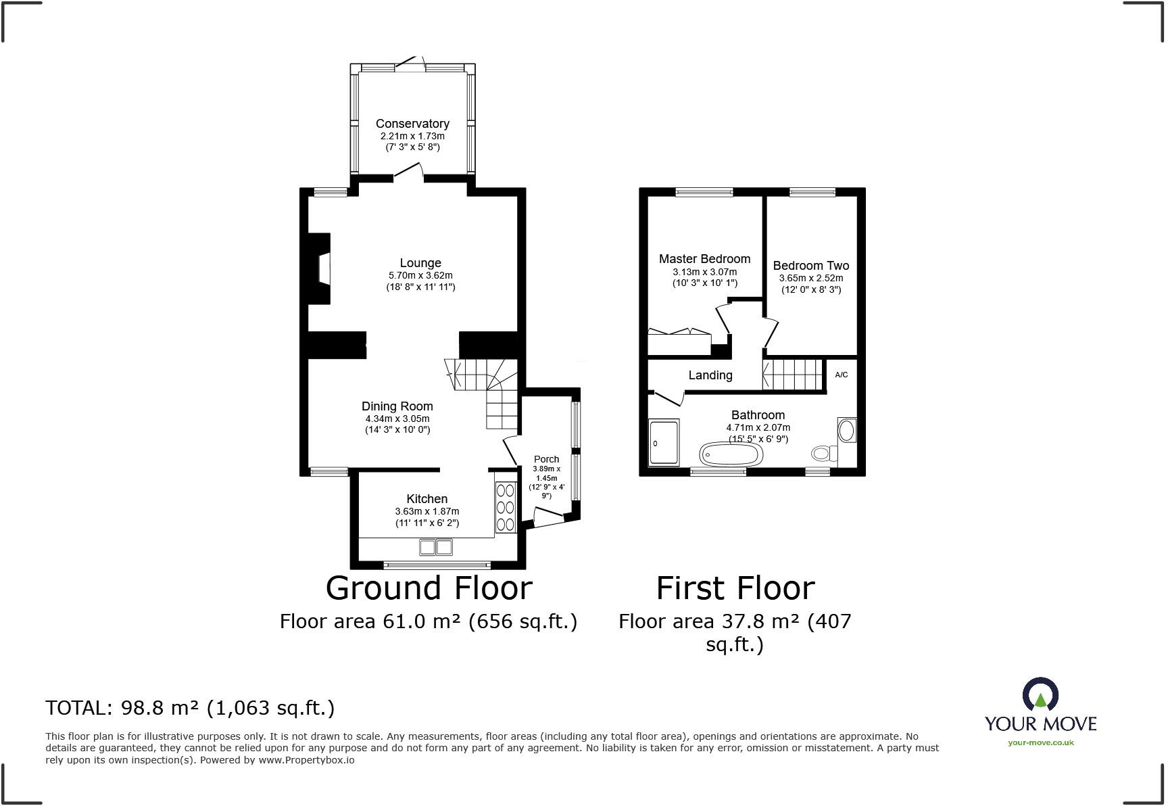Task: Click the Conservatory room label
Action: tap(412, 124)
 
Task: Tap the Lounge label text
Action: tap(420, 263)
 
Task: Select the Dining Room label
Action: tap(397, 406)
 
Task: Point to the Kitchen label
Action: tap(427, 499)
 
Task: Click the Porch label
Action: tap(546, 459)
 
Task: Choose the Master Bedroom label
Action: tap(704, 259)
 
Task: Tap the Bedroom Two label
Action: tap(811, 266)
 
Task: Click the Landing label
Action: tap(710, 375)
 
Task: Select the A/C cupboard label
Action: tap(842, 375)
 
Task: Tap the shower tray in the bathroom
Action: tap(664, 443)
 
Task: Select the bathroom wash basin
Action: tap(846, 430)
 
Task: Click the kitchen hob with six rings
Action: tap(504, 507)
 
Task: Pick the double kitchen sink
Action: tap(436, 546)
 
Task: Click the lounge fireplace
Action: tap(320, 268)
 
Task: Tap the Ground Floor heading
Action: tap(429, 588)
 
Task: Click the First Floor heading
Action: tap(735, 588)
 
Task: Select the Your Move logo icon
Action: tap(1040, 694)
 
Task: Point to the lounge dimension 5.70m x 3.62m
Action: tap(420, 275)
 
